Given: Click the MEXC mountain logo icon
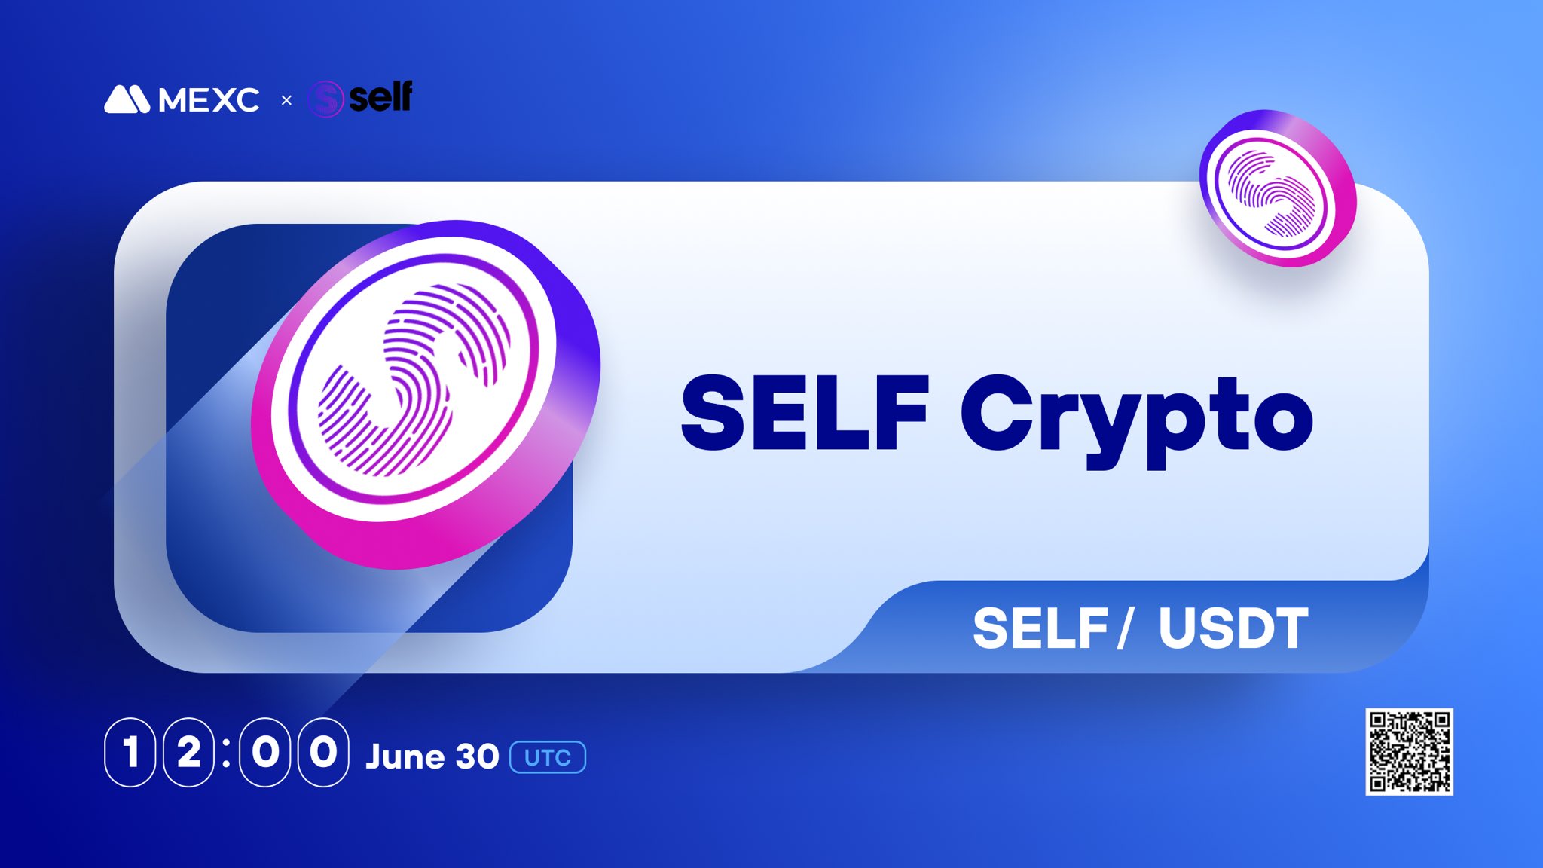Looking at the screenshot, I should pyautogui.click(x=127, y=99).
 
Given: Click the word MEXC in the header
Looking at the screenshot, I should pyautogui.click(x=209, y=100).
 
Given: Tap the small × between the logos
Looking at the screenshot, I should pyautogui.click(x=286, y=100).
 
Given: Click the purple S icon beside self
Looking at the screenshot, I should pyautogui.click(x=326, y=99).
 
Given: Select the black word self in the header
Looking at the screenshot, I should pyautogui.click(x=380, y=97).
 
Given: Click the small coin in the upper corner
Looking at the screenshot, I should pyautogui.click(x=1278, y=188).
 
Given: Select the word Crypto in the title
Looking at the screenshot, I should pyautogui.click(x=1136, y=418).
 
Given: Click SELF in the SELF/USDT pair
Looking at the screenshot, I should pyautogui.click(x=1040, y=628).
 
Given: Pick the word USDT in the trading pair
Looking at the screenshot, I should pyautogui.click(x=1233, y=628).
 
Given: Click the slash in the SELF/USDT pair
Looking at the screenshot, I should pyautogui.click(x=1125, y=628).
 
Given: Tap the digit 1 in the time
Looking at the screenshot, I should pyautogui.click(x=130, y=752).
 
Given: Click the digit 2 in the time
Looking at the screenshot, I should pyautogui.click(x=188, y=752).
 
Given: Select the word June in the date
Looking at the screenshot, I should pyautogui.click(x=404, y=756).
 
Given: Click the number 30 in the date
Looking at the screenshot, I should pyautogui.click(x=476, y=756).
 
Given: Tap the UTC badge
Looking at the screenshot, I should pyautogui.click(x=548, y=757).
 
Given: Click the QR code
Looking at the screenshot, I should pyautogui.click(x=1409, y=751).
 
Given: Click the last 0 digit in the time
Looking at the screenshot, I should pyautogui.click(x=323, y=752).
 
